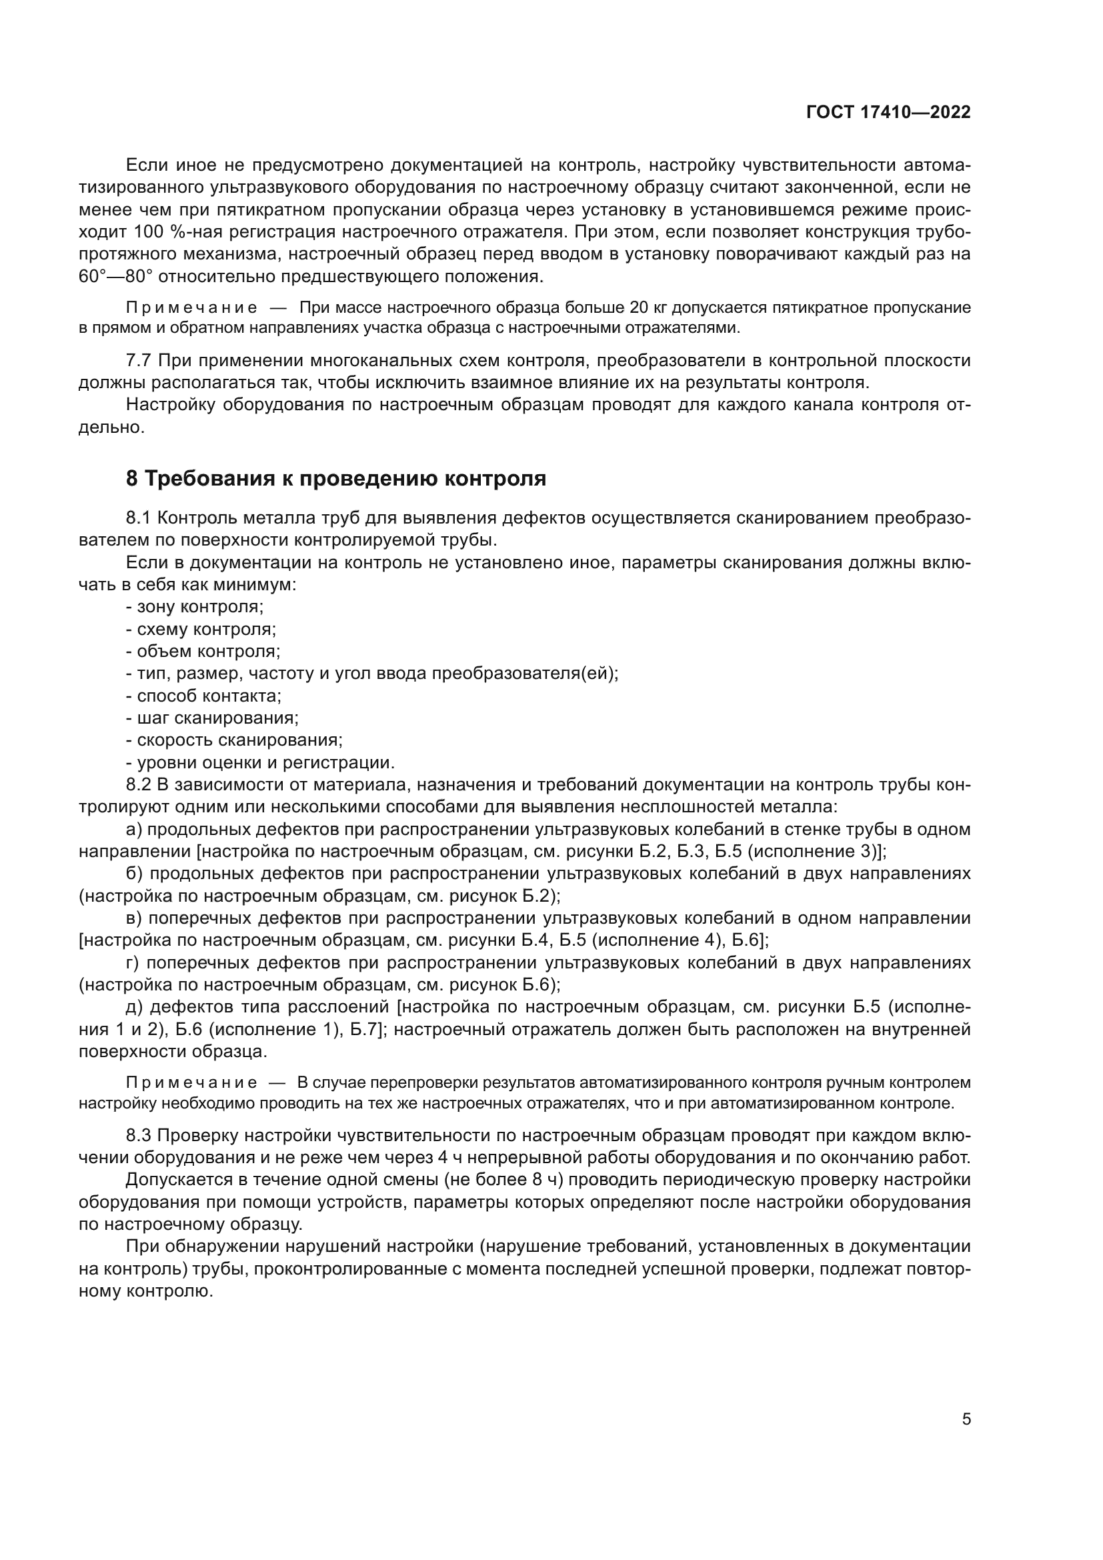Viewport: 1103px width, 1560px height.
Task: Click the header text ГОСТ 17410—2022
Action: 888,113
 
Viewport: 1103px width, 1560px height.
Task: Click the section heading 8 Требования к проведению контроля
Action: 336,478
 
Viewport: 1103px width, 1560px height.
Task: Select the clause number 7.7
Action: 139,360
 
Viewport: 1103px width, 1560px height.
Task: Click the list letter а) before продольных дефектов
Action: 134,830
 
